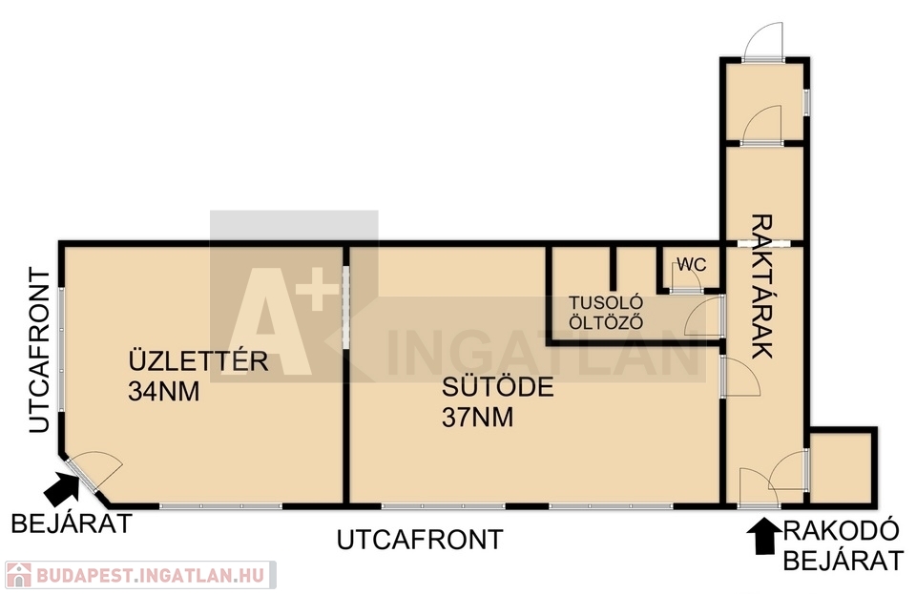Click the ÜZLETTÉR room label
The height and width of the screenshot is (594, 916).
pyautogui.click(x=198, y=360)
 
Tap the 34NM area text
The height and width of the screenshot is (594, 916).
pyautogui.click(x=163, y=392)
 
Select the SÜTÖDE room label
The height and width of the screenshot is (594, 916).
pyautogui.click(x=498, y=387)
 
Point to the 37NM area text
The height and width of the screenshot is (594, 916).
pyautogui.click(x=478, y=418)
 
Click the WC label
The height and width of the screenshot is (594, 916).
pyautogui.click(x=692, y=265)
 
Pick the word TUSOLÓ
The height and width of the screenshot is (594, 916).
pyautogui.click(x=606, y=303)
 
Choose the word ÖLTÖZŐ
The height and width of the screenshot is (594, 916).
pyautogui.click(x=606, y=322)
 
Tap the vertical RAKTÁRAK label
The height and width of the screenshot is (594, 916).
pyautogui.click(x=761, y=286)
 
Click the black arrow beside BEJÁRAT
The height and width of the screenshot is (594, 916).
pyautogui.click(x=62, y=488)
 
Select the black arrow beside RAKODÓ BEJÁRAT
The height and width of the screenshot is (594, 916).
pyautogui.click(x=764, y=536)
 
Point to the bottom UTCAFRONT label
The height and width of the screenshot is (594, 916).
pyautogui.click(x=420, y=540)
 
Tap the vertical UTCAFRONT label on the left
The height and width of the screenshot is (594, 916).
pyautogui.click(x=40, y=350)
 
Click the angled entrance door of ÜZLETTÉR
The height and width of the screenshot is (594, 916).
pyautogui.click(x=94, y=471)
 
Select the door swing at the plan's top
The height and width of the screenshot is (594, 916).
pyautogui.click(x=763, y=41)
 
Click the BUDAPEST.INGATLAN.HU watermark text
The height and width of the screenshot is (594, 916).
pyautogui.click(x=152, y=575)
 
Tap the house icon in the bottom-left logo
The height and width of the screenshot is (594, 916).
pyautogui.click(x=18, y=575)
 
